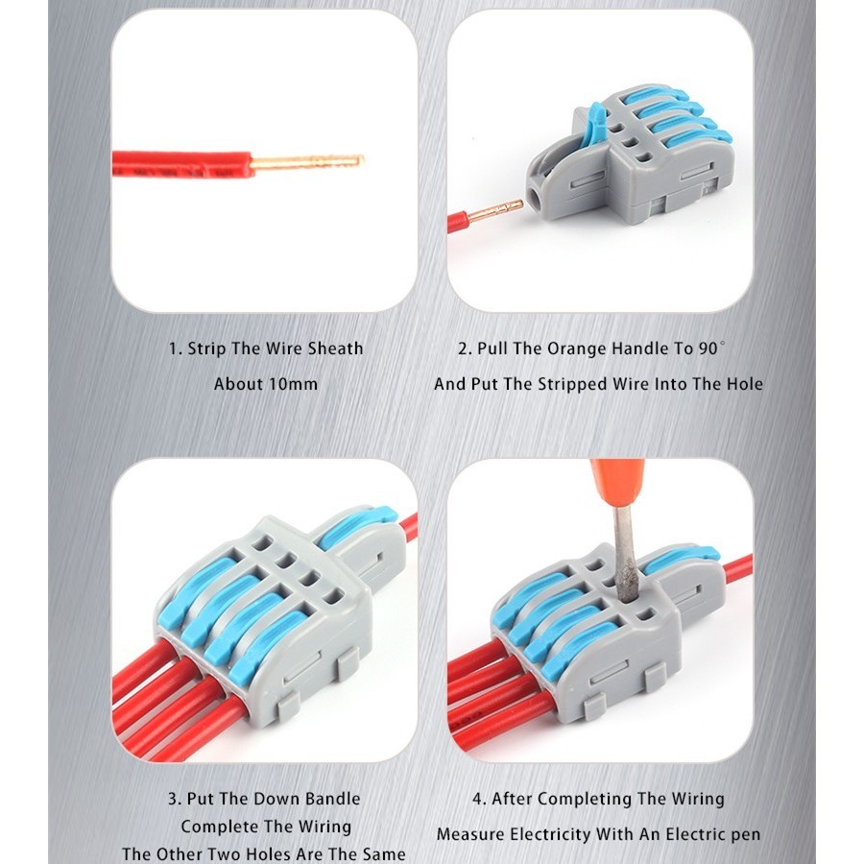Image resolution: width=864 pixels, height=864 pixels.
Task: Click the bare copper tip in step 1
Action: pyautogui.click(x=307, y=162)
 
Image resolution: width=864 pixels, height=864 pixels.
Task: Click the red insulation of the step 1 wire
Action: pyautogui.click(x=182, y=164)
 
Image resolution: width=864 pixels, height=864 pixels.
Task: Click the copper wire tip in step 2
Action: pyautogui.click(x=495, y=210)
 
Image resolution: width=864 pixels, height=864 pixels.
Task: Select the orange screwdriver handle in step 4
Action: pyautogui.click(x=616, y=484)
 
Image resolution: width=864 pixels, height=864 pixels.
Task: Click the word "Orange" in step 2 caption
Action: pyautogui.click(x=576, y=348)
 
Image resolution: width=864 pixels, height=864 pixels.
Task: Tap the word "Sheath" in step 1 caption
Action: pyautogui.click(x=335, y=348)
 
